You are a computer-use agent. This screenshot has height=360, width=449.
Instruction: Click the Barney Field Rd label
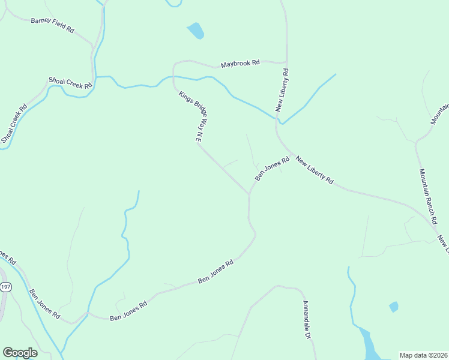pos(52,24)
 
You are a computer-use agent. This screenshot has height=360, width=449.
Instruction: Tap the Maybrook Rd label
pos(240,62)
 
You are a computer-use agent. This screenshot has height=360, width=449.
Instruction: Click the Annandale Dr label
pos(306,320)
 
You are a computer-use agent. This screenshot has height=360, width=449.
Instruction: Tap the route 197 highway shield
pos(5,287)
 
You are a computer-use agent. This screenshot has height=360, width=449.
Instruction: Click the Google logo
pos(20,353)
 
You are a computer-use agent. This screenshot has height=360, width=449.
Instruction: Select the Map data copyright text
pos(423,355)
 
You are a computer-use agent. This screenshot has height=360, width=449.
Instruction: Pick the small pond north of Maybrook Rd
pos(196,31)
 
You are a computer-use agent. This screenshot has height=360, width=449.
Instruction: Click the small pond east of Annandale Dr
pos(394,307)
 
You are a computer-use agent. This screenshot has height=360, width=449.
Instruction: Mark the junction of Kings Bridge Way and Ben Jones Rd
pos(249,194)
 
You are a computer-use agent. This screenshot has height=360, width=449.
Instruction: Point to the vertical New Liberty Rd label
pos(282,90)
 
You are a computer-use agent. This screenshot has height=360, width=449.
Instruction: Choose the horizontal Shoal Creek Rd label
pos(71,83)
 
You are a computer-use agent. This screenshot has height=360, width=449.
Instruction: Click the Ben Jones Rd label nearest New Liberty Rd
pos(273,168)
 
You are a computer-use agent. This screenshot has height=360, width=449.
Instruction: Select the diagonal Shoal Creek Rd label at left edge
pos(14,124)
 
